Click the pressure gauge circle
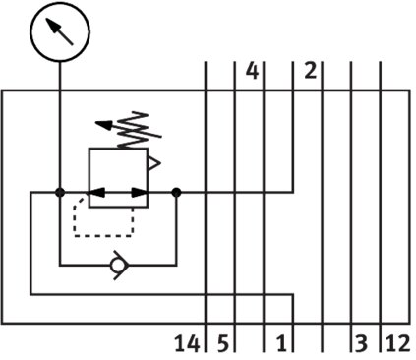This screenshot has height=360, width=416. pos(60,4)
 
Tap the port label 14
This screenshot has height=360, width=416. pos(187,343)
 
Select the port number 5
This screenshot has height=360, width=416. pos(222,343)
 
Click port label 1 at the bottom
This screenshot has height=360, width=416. pos(281,343)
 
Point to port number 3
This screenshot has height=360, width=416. pos(361,343)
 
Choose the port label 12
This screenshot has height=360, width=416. pos(398,343)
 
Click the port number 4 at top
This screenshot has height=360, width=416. pos(252,71)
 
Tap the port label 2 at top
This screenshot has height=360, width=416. pos(311,71)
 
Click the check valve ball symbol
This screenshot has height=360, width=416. pos(117,266)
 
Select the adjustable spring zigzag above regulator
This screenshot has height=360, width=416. pos(133,131)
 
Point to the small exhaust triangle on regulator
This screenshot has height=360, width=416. pos(153,164)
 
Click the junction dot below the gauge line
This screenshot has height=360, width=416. pos(60,192)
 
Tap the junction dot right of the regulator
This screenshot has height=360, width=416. pos(176,192)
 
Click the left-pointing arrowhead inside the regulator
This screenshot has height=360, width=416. pos(95,193)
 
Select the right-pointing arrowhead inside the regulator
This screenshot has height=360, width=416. pos(140,193)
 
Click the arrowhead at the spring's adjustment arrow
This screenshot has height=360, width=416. pos(103,125)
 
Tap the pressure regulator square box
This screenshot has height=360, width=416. pos(89,178)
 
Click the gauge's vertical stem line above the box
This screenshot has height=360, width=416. pos(60,76)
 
